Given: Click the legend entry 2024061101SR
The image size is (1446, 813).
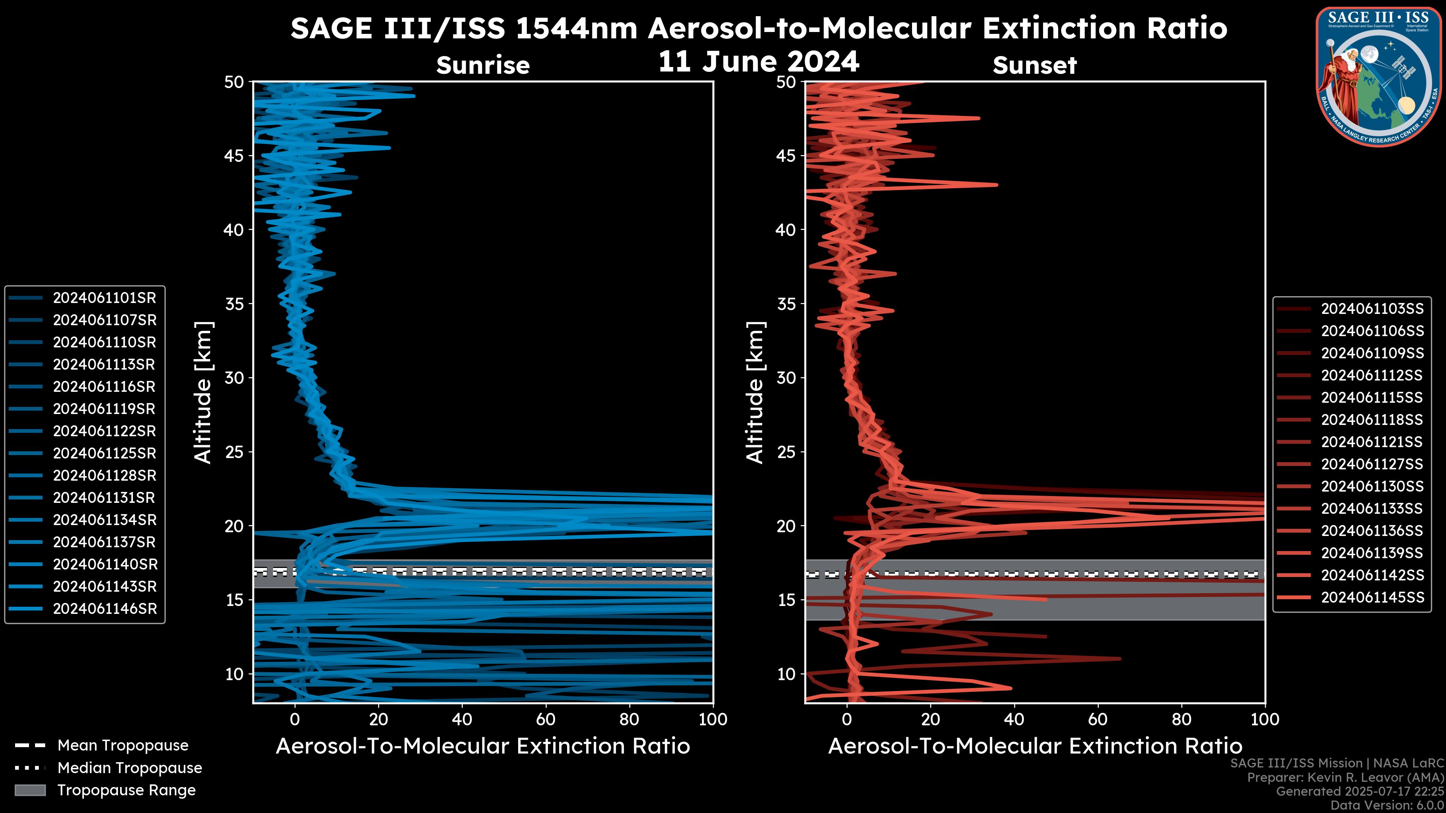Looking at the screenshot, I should (104, 298).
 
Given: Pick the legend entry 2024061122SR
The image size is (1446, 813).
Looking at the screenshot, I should (104, 431).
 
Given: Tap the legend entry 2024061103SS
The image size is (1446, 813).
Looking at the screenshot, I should (1372, 309).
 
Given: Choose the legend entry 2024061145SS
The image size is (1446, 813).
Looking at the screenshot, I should (1372, 598).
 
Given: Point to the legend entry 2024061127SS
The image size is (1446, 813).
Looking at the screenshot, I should (1372, 464).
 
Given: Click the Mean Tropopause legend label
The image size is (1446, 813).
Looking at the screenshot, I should (123, 746).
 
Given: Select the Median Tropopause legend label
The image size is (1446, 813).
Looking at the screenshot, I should (130, 768).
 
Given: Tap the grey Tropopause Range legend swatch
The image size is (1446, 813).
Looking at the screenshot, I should (30, 790).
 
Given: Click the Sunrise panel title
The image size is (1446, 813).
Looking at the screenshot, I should (483, 65).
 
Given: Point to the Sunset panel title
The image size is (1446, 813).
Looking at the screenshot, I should (1034, 65).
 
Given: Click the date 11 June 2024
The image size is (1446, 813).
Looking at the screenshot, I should (758, 62).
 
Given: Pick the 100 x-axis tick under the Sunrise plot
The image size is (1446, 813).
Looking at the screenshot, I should (713, 719).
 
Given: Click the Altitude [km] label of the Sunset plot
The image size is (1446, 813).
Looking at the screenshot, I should (755, 393).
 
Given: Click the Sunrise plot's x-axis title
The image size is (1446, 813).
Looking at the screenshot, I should (483, 746).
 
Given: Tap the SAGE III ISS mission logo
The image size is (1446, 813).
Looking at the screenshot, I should (1379, 76).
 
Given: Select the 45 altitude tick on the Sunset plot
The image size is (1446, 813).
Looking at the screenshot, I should (786, 156).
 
